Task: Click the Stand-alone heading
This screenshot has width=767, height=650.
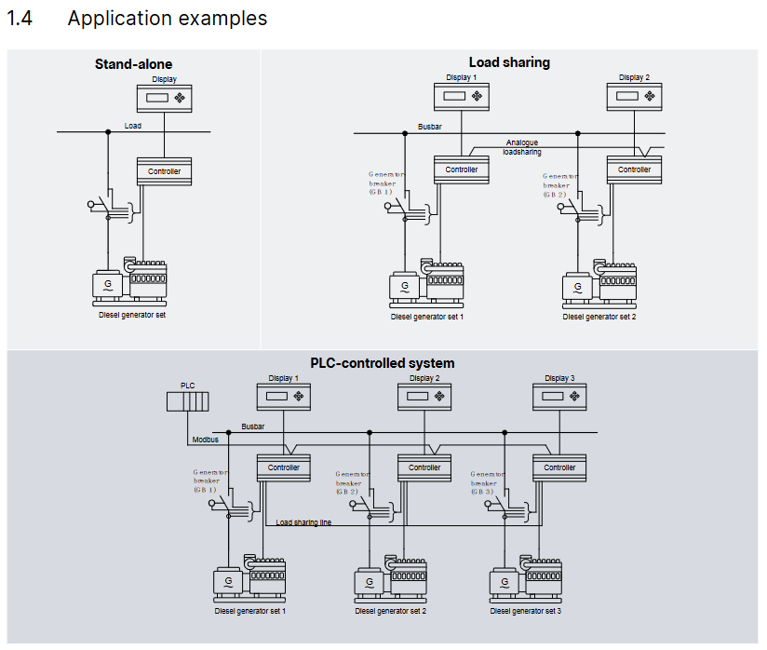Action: click(133, 64)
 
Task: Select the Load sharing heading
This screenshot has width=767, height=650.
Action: click(509, 62)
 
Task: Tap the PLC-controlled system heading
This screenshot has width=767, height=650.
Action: click(382, 363)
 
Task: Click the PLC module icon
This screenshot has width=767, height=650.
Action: click(187, 401)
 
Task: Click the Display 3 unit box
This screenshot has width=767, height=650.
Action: click(559, 398)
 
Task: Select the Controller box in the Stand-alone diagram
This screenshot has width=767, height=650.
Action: click(165, 171)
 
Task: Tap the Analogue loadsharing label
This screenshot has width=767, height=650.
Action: click(522, 147)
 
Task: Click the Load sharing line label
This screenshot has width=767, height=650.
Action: click(303, 523)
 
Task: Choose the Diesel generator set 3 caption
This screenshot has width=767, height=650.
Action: click(526, 612)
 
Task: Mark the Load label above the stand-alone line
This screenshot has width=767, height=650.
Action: click(133, 126)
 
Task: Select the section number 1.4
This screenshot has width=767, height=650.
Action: click(20, 18)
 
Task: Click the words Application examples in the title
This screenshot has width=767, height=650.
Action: click(168, 18)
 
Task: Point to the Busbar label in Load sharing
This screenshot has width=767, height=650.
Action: click(430, 126)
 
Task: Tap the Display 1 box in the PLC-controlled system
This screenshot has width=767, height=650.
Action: click(283, 398)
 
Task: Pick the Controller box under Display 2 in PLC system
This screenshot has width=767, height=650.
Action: click(424, 467)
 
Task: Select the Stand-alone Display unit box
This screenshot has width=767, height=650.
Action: click(165, 98)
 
